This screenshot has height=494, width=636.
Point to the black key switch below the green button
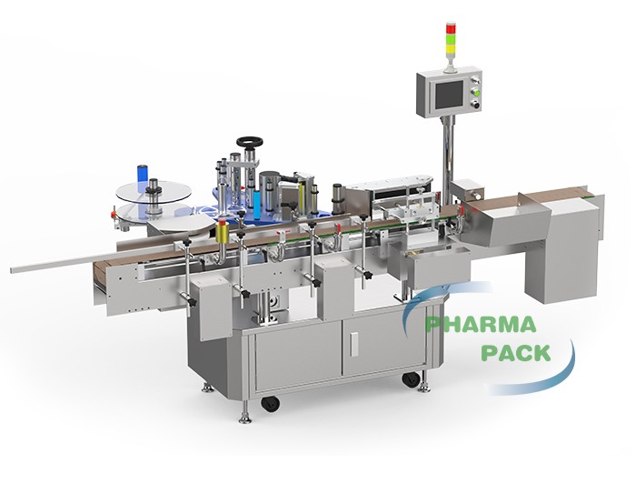pos(477,106)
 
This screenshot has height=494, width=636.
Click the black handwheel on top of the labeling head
pos(250,142)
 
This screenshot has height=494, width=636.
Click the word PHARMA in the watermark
pos(481,325)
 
